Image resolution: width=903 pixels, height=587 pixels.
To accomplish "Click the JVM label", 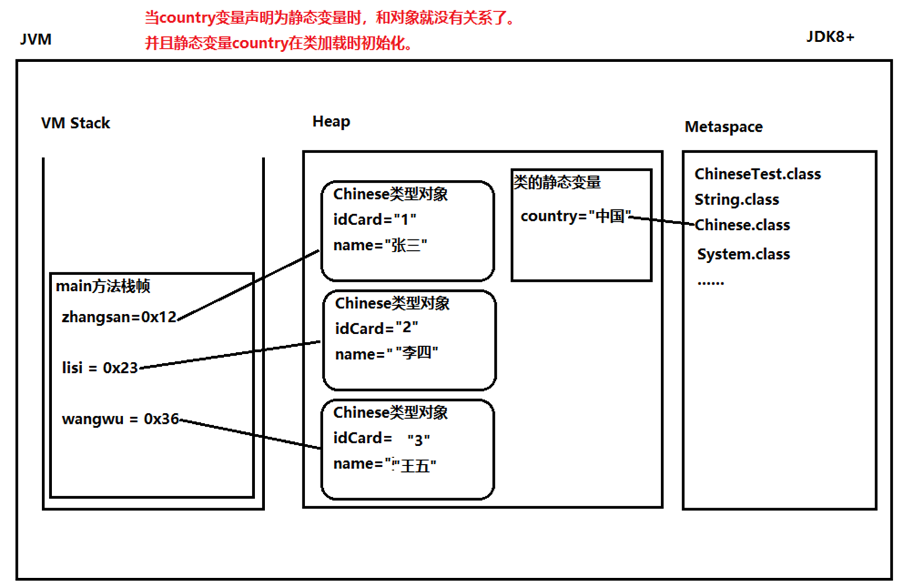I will pyautogui.click(x=36, y=39).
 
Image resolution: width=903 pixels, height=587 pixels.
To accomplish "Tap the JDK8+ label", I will pyautogui.click(x=830, y=37).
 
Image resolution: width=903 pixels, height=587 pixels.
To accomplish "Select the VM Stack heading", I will pyautogui.click(x=76, y=123).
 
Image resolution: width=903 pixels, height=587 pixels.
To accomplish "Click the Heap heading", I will pyautogui.click(x=331, y=121).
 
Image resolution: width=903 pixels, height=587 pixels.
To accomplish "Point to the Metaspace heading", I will pyautogui.click(x=723, y=127).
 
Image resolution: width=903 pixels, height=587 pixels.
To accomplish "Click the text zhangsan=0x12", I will pyautogui.click(x=119, y=317).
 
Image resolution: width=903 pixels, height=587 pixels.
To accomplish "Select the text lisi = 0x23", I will pyautogui.click(x=100, y=368).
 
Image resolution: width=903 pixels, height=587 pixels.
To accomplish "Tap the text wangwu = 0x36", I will pyautogui.click(x=120, y=419).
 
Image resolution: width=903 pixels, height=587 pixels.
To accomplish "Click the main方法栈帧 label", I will pyautogui.click(x=103, y=286).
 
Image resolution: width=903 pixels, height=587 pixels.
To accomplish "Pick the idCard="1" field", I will pyautogui.click(x=374, y=219).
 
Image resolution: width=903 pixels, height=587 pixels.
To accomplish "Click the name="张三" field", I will pyautogui.click(x=380, y=245).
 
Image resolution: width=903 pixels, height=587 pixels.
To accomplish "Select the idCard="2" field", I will pyautogui.click(x=376, y=328).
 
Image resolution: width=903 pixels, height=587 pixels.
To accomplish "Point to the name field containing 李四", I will pyautogui.click(x=387, y=354).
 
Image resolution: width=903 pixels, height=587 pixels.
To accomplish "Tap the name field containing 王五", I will pyautogui.click(x=385, y=464).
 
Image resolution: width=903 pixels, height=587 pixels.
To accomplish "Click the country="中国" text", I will pyautogui.click(x=576, y=216).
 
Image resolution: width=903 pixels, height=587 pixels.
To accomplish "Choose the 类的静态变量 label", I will pyautogui.click(x=557, y=182).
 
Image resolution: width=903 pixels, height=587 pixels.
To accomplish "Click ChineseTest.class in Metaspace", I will pyautogui.click(x=757, y=174).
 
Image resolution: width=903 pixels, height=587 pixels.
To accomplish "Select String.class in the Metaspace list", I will pyautogui.click(x=736, y=200).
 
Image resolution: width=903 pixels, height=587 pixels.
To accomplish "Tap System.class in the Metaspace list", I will pyautogui.click(x=743, y=255).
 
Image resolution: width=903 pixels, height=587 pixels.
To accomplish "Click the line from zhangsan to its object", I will pyautogui.click(x=248, y=285).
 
